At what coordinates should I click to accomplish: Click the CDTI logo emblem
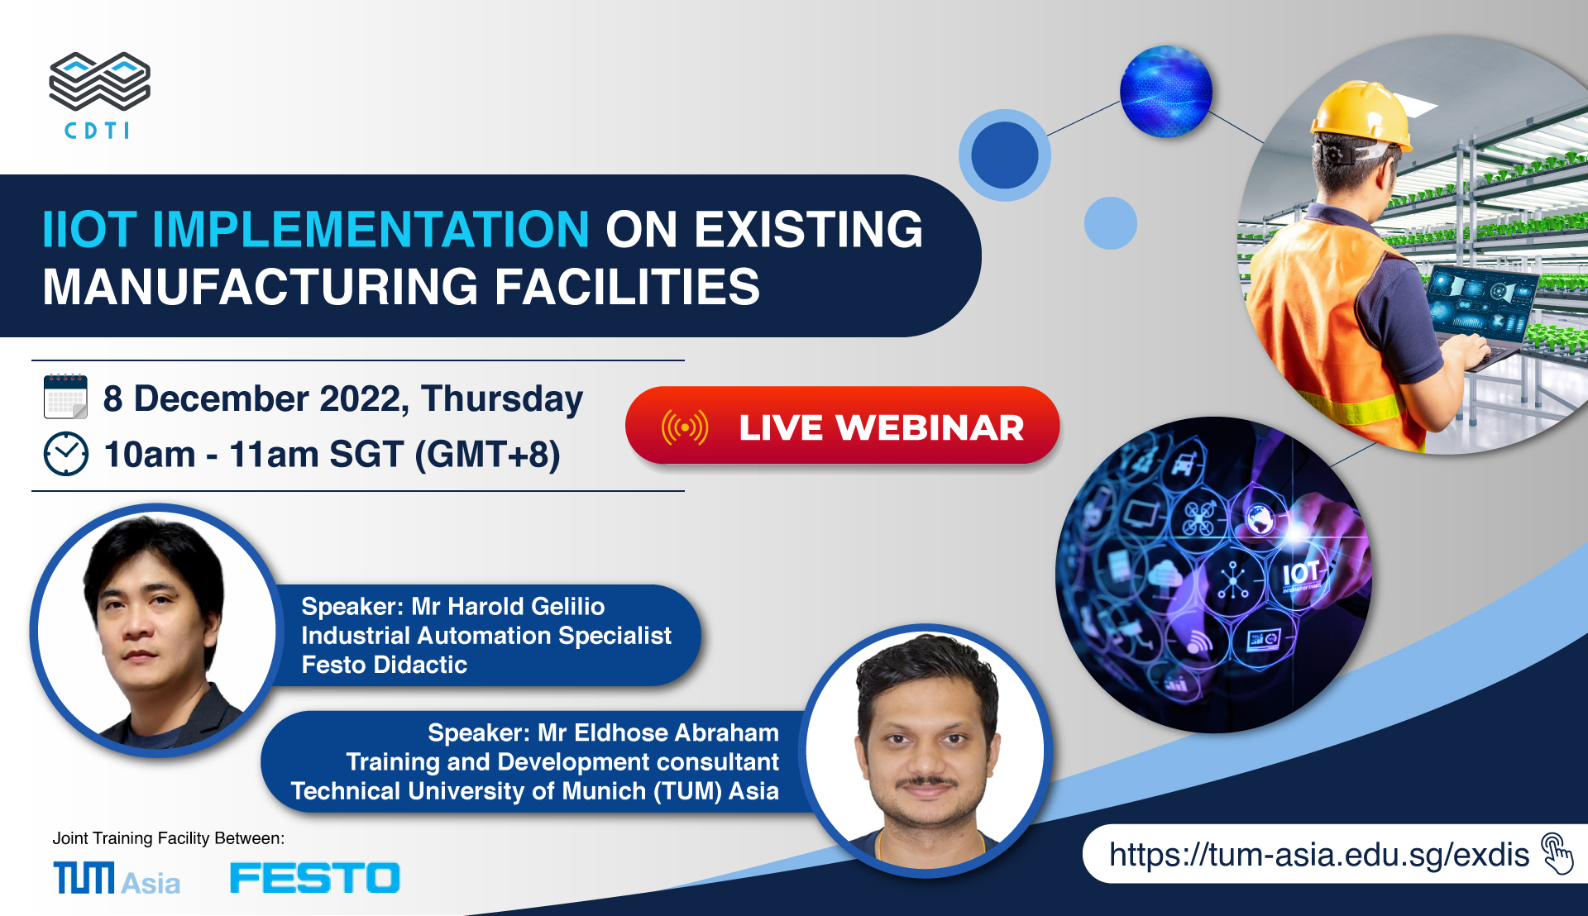(100, 81)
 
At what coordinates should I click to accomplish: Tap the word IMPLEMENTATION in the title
(371, 229)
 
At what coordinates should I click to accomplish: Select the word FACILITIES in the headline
(627, 287)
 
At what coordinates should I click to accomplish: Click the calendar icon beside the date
(65, 397)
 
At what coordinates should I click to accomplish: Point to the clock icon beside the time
(66, 454)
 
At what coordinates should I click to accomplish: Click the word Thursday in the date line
(502, 399)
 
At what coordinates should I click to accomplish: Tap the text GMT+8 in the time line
(487, 456)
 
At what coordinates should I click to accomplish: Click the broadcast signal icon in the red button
(685, 427)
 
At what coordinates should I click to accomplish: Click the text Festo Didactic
(385, 665)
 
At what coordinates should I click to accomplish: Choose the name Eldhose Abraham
(677, 733)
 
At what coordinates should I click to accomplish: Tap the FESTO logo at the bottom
(315, 878)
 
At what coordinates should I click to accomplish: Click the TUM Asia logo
(117, 878)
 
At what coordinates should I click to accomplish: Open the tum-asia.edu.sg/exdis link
(1319, 855)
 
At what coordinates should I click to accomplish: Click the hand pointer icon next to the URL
(1557, 853)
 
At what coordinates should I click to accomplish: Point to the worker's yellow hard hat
(1361, 115)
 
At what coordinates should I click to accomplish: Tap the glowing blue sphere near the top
(1166, 92)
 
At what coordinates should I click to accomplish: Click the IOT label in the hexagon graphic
(1301, 572)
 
